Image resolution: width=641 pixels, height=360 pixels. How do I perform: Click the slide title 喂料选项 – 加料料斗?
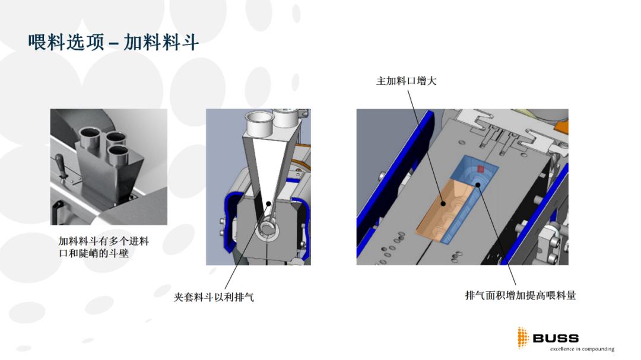(x=113, y=42)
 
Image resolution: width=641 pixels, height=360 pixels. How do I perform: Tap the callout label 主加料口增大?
(x=406, y=81)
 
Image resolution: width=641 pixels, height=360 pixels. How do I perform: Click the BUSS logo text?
(x=555, y=338)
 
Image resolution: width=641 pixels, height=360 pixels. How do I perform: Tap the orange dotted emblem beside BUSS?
(x=522, y=337)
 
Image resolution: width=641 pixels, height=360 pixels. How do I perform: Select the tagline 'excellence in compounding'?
(x=582, y=349)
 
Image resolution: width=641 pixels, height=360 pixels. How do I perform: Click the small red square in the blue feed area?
(x=481, y=169)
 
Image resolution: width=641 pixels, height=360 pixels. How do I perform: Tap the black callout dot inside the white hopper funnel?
(x=269, y=203)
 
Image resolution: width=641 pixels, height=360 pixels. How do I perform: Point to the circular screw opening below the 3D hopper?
(x=269, y=232)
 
